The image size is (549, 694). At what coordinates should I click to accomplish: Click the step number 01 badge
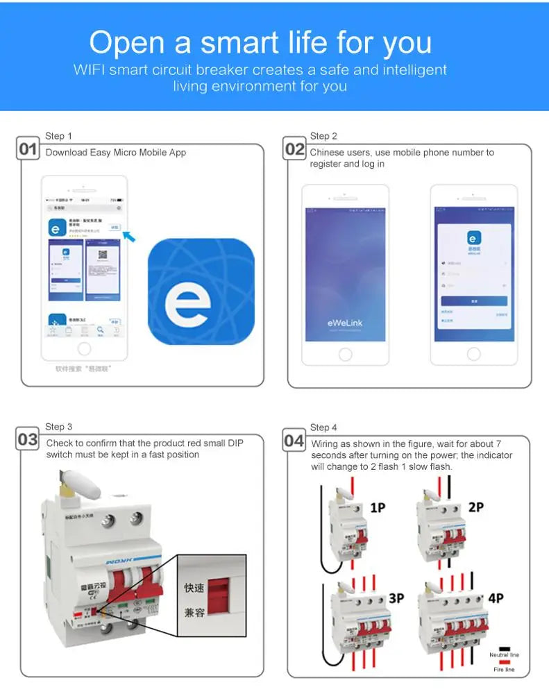pos(28,149)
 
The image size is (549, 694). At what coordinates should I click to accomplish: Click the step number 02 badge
pos(295,149)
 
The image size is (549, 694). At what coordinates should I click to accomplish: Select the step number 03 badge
pos(28,439)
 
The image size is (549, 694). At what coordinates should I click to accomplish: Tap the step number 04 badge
pos(294,440)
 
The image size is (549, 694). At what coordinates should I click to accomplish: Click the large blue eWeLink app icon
pos(201,291)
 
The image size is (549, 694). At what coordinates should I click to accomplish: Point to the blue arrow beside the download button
pos(129,237)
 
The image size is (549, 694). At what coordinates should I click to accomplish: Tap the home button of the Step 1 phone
pos(84,348)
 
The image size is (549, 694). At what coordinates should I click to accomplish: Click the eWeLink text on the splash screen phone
pos(345,323)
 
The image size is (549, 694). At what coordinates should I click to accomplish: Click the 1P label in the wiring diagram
pos(378,508)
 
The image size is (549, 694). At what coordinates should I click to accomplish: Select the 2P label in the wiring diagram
pos(475,507)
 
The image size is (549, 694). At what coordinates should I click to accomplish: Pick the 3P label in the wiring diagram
pos(396,598)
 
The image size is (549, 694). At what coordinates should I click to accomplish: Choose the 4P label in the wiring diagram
pos(496,598)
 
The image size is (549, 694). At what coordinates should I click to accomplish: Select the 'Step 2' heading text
pos(323,136)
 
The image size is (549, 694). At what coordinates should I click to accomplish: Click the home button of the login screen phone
pos(473,354)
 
